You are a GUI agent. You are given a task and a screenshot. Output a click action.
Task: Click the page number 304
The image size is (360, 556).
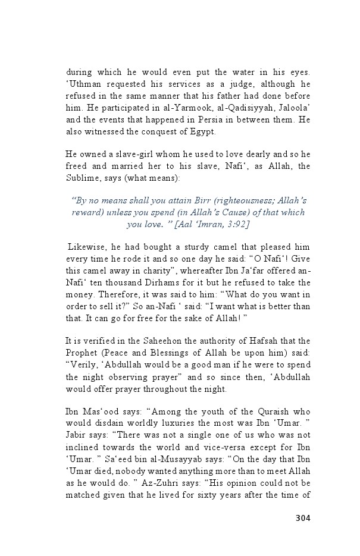coord(302,518)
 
